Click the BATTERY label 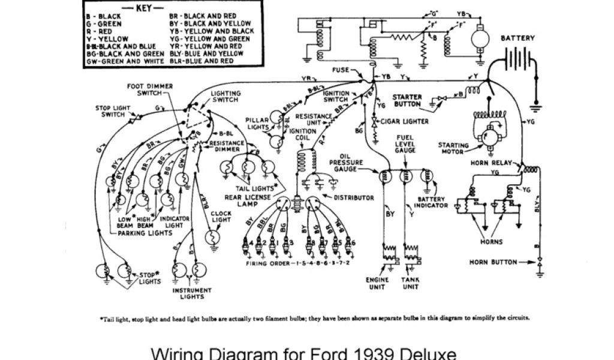click(517, 38)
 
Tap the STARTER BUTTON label click(408, 100)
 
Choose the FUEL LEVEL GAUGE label click(405, 145)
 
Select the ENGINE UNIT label click(377, 283)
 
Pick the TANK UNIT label click(410, 283)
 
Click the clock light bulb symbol click(213, 238)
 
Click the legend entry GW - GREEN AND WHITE click(122, 61)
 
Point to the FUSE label click(341, 70)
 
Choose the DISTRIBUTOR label click(354, 197)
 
